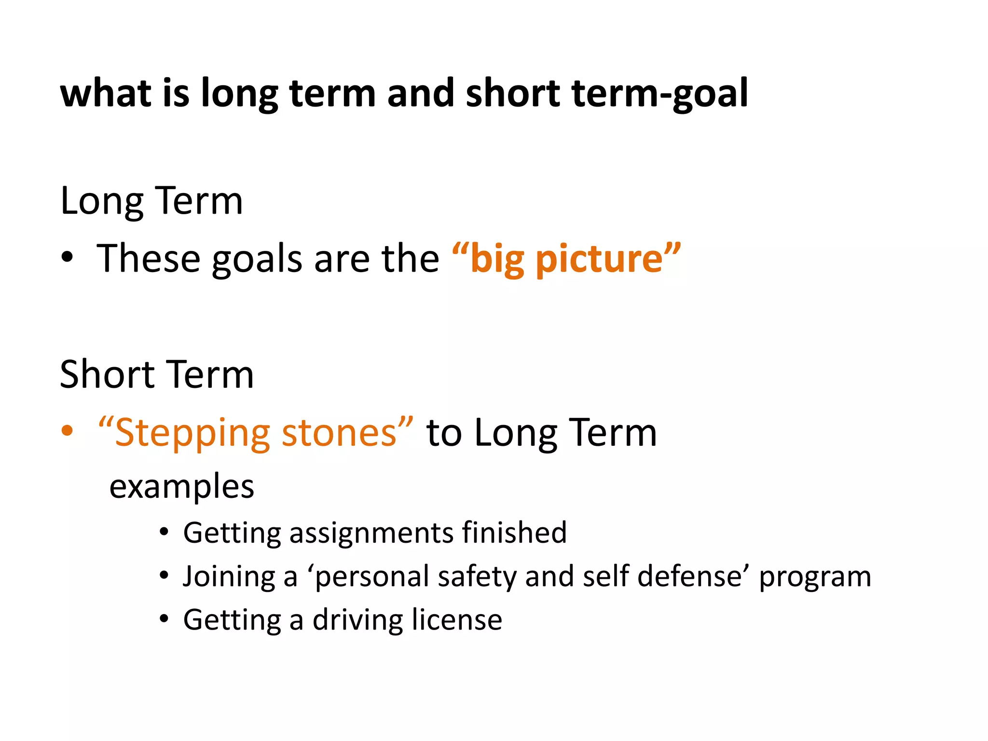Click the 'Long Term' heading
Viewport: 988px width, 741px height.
pyautogui.click(x=151, y=201)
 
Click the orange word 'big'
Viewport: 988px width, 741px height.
pyautogui.click(x=497, y=260)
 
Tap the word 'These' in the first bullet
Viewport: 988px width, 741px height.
pyautogui.click(x=149, y=259)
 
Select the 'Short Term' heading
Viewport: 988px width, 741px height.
pyautogui.click(x=157, y=375)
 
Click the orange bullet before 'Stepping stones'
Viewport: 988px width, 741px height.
pyautogui.click(x=68, y=431)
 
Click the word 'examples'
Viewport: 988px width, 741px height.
pyautogui.click(x=182, y=487)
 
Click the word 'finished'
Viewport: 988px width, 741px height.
pyautogui.click(x=514, y=533)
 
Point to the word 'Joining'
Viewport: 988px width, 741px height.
pyautogui.click(x=229, y=577)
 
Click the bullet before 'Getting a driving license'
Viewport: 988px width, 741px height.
pyautogui.click(x=165, y=619)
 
